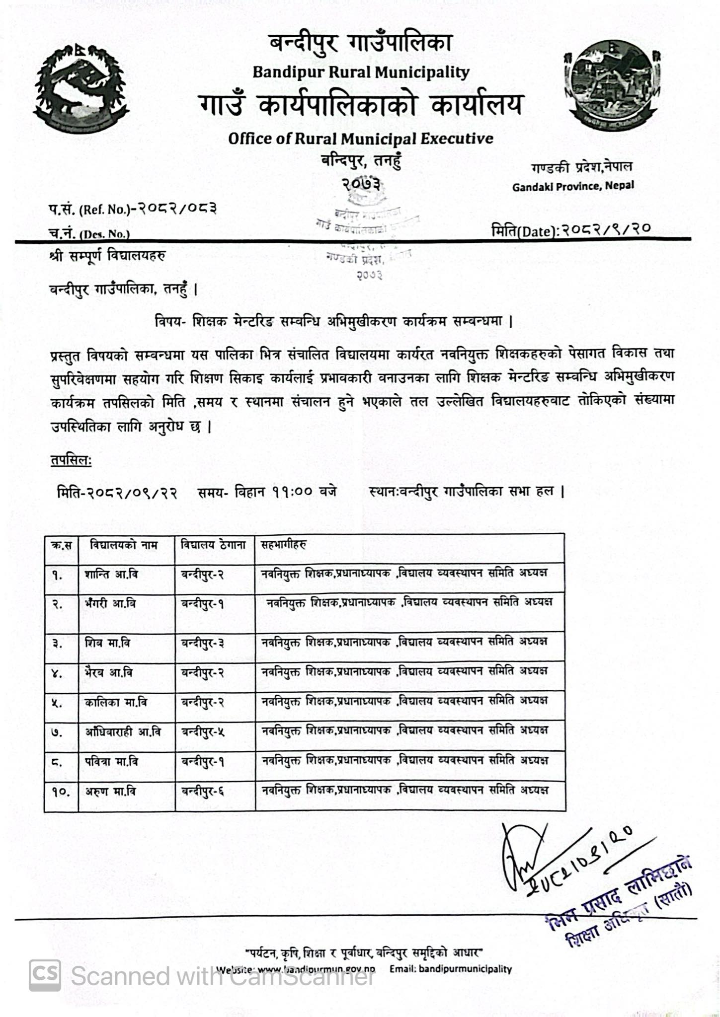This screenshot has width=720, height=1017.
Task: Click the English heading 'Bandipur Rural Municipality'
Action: coord(361,73)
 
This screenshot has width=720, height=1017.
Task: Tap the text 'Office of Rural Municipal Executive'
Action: coord(361,139)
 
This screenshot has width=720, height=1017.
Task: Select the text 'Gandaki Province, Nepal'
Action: coord(573,187)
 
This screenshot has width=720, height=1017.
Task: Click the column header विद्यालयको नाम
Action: coord(124,545)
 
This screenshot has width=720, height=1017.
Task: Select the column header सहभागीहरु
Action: coord(284,545)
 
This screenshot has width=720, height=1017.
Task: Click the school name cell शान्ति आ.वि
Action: coord(111,575)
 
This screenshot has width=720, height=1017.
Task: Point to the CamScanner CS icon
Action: coord(45,975)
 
